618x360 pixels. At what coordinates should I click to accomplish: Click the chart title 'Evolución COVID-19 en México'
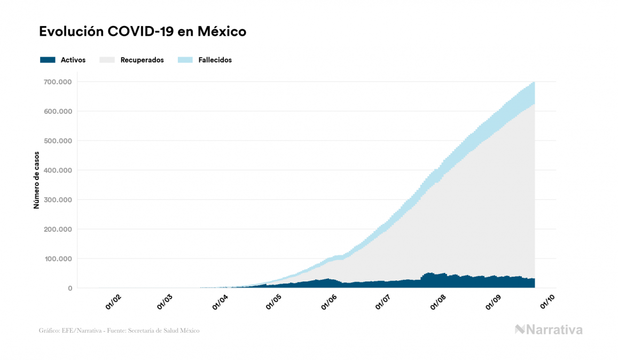click(x=143, y=32)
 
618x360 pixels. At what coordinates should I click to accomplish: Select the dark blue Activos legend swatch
click(x=48, y=60)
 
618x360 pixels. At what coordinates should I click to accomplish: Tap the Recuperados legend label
click(x=142, y=60)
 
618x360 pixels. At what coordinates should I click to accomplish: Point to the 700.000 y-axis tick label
click(x=58, y=82)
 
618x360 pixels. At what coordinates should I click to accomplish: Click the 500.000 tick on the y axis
click(x=58, y=141)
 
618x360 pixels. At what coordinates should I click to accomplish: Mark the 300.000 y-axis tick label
click(x=58, y=200)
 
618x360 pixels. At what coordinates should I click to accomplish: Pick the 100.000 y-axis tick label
click(x=58, y=259)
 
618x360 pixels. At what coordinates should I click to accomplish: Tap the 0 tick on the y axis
click(x=69, y=288)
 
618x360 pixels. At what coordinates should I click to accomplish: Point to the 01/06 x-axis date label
click(x=329, y=303)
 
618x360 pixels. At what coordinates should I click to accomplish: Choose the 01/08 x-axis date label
click(x=438, y=303)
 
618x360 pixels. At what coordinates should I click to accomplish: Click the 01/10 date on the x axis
click(x=547, y=303)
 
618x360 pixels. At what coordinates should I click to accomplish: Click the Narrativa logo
click(x=549, y=330)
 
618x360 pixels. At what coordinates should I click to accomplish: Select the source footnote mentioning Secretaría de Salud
click(x=119, y=331)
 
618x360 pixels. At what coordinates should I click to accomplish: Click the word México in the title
click(x=222, y=32)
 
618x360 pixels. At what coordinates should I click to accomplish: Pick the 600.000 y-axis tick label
click(x=58, y=111)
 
